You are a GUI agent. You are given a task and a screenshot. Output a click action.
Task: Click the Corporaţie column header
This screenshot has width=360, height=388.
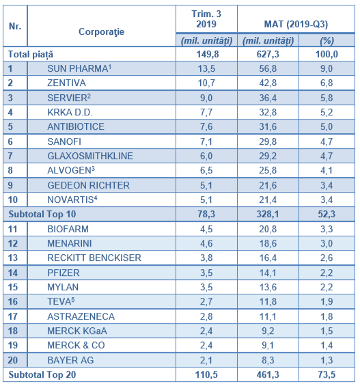pyautogui.click(x=102, y=32)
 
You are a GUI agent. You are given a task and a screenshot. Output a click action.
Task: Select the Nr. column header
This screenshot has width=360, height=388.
pyautogui.click(x=15, y=26)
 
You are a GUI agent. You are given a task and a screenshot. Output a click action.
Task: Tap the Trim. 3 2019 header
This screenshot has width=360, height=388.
pyautogui.click(x=206, y=19)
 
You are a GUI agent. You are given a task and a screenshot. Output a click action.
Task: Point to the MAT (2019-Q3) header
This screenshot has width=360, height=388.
pyautogui.click(x=296, y=25)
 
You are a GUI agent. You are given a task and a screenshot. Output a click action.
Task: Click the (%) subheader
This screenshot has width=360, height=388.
pyautogui.click(x=327, y=40)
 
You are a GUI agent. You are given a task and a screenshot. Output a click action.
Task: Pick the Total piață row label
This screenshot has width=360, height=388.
pyautogui.click(x=31, y=54)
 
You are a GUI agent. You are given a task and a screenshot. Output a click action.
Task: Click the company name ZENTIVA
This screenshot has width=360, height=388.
pyautogui.click(x=66, y=83)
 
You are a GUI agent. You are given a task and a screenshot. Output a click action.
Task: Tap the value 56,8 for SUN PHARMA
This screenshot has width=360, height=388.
pyautogui.click(x=268, y=68)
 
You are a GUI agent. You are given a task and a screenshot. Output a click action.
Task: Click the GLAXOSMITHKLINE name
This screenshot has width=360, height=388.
pyautogui.click(x=90, y=156)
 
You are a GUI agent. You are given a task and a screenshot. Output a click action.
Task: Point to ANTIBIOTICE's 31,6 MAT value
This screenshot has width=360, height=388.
pyautogui.click(x=268, y=126)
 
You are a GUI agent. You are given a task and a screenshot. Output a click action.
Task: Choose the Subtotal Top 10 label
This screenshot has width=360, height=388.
pyautogui.click(x=42, y=214)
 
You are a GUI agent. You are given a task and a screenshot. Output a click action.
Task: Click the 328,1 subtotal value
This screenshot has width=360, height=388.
pyautogui.click(x=268, y=214)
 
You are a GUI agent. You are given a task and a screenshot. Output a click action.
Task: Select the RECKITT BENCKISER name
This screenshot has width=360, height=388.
pyautogui.click(x=94, y=258)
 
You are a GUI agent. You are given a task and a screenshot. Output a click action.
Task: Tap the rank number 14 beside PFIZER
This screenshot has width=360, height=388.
pyautogui.click(x=13, y=273)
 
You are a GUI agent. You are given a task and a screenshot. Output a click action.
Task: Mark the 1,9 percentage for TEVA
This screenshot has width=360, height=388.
pyautogui.click(x=327, y=302)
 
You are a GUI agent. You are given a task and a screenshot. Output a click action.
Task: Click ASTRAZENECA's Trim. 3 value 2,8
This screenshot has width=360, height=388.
pyautogui.click(x=206, y=316)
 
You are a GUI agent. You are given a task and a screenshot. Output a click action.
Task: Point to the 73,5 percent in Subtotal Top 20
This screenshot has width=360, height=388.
pyautogui.click(x=327, y=375)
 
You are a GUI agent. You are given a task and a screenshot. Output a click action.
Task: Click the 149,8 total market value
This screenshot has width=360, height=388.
pyautogui.click(x=208, y=54)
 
